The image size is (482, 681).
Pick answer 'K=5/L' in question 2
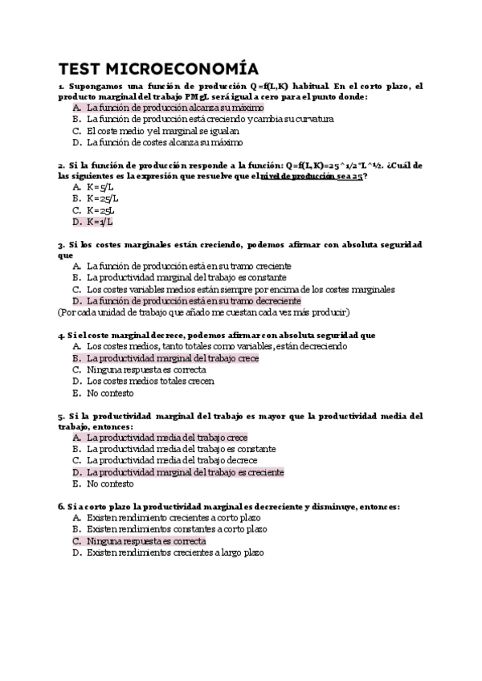click(x=100, y=186)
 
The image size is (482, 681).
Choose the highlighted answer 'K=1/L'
click(x=100, y=222)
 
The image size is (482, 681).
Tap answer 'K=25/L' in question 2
click(x=102, y=198)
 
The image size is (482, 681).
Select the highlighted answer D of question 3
click(x=194, y=300)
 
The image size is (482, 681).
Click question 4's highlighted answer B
click(x=184, y=358)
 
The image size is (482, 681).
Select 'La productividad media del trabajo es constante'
click(x=181, y=450)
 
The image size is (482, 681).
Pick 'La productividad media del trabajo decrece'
click(x=172, y=461)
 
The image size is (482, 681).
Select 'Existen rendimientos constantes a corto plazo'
click(x=177, y=530)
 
